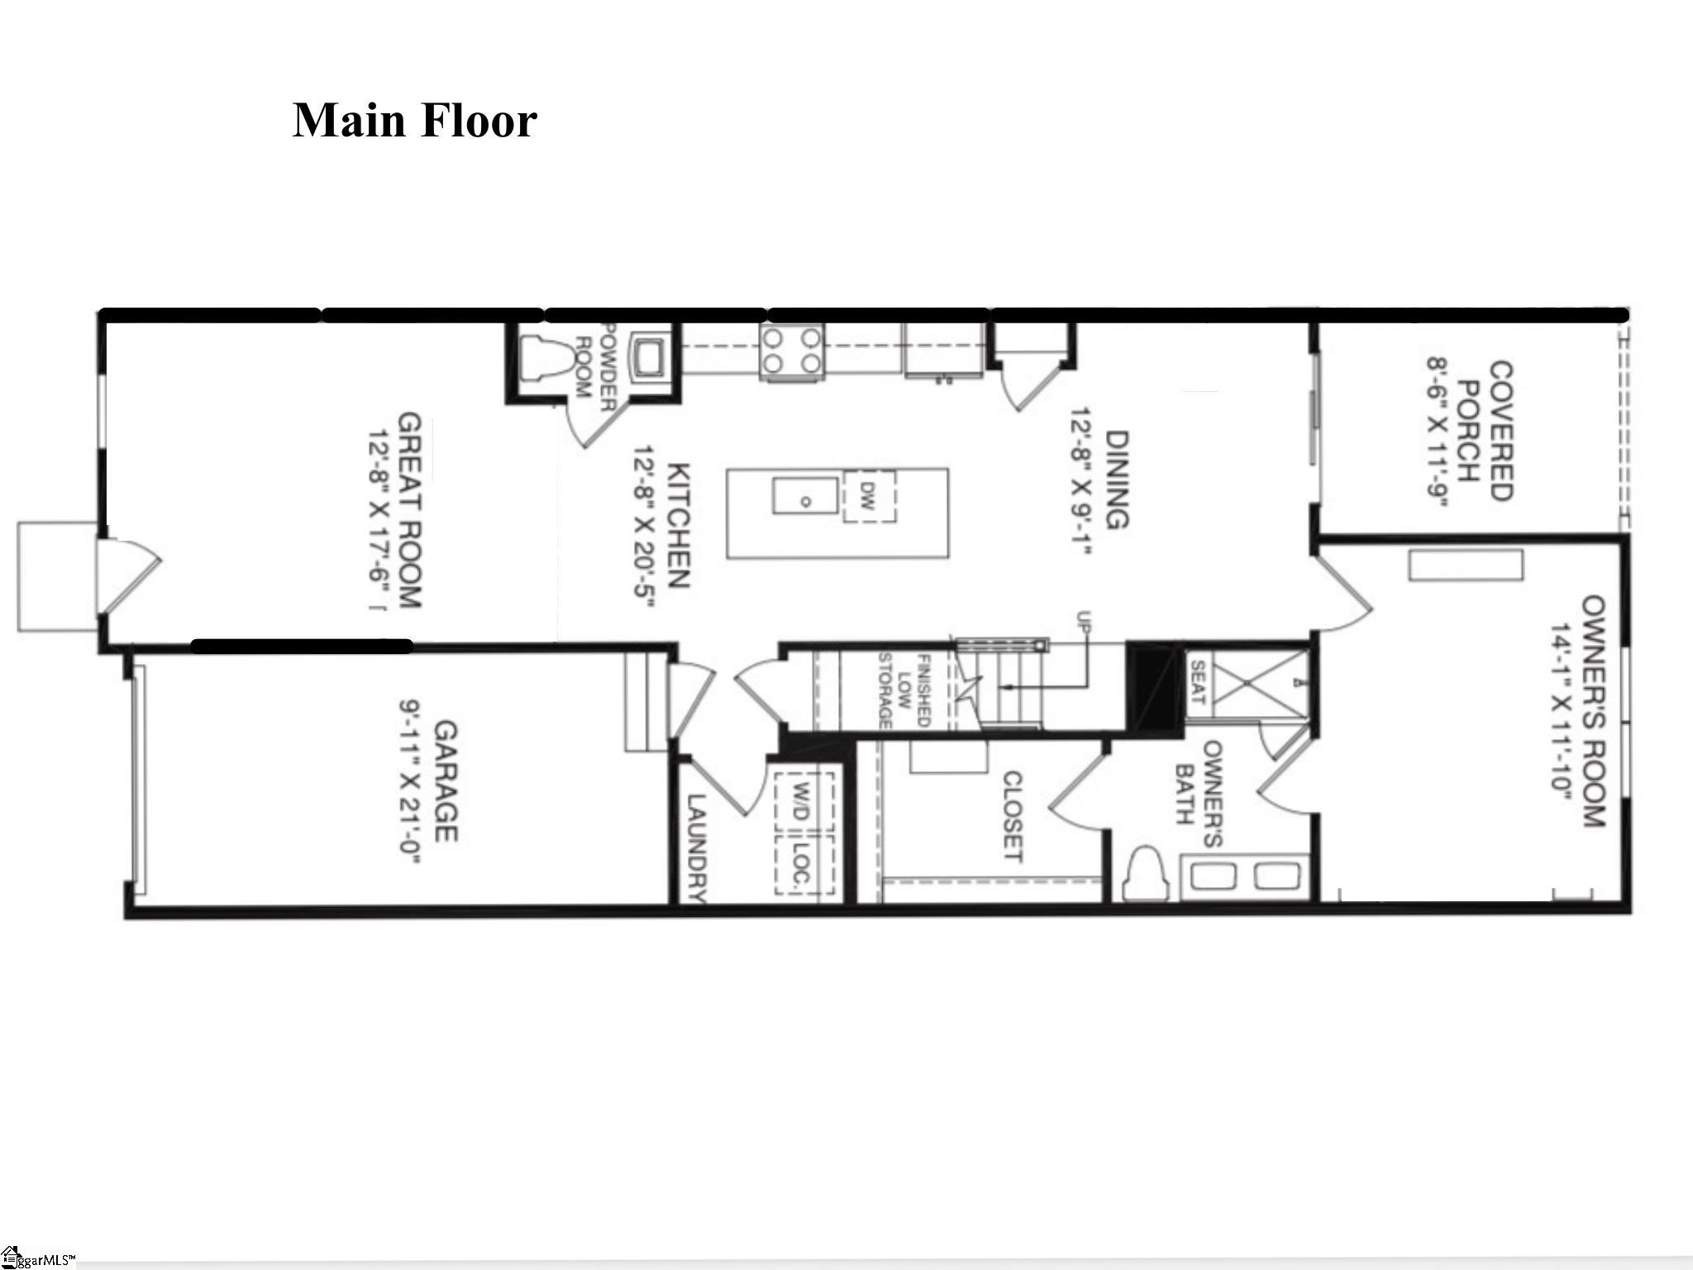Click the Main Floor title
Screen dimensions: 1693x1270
coord(415,122)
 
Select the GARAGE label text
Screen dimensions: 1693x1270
coord(446,781)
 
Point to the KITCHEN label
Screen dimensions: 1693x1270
coord(678,525)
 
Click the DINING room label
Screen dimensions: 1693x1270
coord(1117,480)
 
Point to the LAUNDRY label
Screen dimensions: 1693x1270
coord(696,848)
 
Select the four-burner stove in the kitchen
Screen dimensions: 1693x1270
coord(792,351)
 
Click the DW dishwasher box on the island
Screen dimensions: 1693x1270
coord(869,496)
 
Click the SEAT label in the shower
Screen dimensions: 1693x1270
coord(1198,682)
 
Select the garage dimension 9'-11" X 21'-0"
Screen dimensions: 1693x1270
coord(410,781)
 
